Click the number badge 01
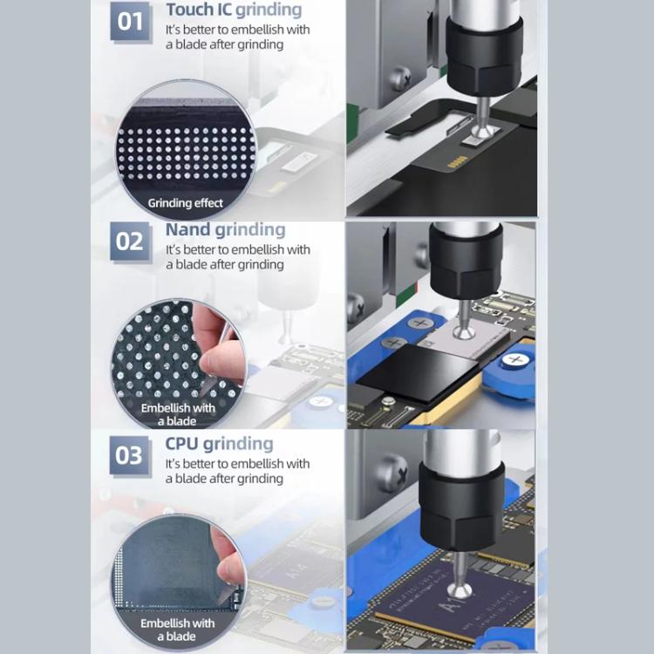(130, 21)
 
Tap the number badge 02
(130, 241)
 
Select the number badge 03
(129, 455)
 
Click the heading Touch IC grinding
(234, 10)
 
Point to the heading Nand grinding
(225, 230)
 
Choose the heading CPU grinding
(219, 444)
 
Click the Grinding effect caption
(185, 203)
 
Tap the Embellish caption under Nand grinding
(178, 414)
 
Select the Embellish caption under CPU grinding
(178, 630)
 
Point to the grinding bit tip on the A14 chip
(460, 592)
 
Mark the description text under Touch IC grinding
(237, 37)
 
